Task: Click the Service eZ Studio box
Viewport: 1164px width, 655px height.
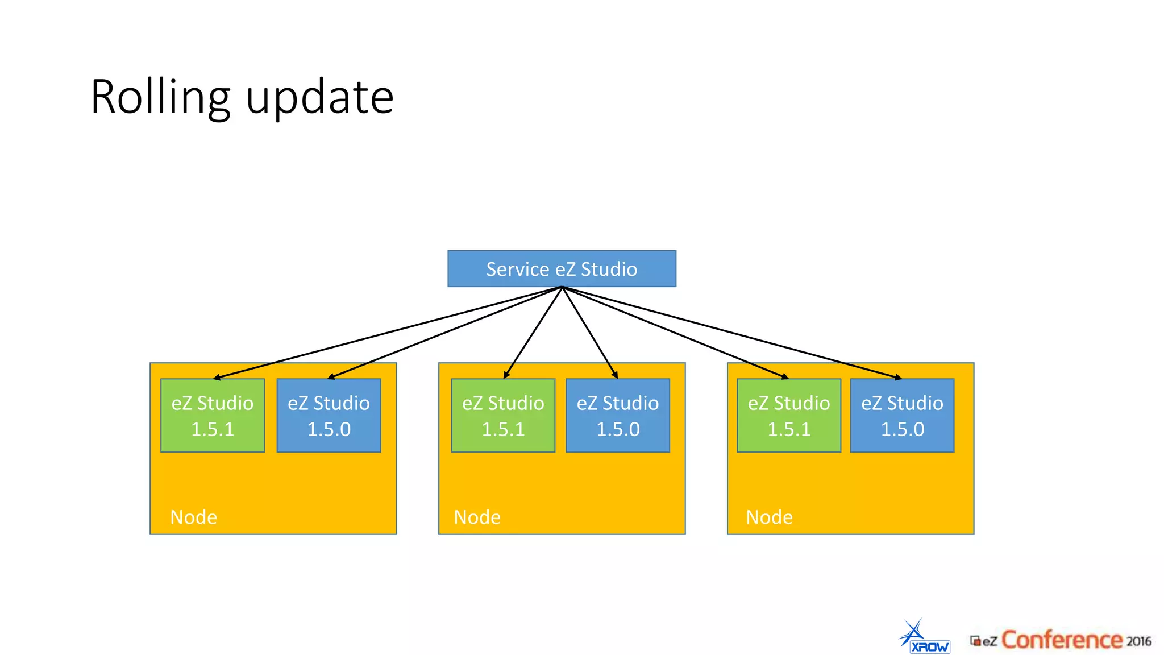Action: pyautogui.click(x=562, y=268)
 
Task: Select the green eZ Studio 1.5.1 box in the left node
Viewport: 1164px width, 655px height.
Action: pyautogui.click(x=213, y=416)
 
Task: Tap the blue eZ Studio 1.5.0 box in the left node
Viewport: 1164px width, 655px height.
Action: pyautogui.click(x=329, y=416)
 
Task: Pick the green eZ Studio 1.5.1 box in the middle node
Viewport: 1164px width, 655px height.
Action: pyautogui.click(x=503, y=416)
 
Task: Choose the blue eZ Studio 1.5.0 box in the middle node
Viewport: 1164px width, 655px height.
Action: pyautogui.click(x=618, y=416)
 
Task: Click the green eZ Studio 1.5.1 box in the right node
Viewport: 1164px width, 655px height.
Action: pyautogui.click(x=789, y=416)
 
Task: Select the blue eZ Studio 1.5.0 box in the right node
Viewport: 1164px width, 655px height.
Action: pyautogui.click(x=902, y=416)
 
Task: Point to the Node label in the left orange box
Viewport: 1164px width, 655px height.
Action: pyautogui.click(x=194, y=517)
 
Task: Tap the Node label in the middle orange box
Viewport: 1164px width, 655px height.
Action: pyautogui.click(x=477, y=517)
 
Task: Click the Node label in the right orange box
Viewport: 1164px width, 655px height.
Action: pyautogui.click(x=769, y=517)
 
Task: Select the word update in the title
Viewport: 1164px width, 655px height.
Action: pyautogui.click(x=320, y=97)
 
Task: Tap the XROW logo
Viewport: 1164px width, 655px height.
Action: pyautogui.click(x=925, y=638)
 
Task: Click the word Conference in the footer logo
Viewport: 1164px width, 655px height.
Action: pyautogui.click(x=1061, y=640)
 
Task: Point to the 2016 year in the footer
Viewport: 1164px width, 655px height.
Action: pyautogui.click(x=1138, y=641)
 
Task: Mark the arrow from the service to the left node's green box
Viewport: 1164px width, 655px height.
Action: pyautogui.click(x=386, y=333)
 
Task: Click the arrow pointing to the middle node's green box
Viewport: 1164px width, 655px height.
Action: pyautogui.click(x=533, y=333)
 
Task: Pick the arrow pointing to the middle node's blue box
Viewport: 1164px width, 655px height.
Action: pyautogui.click(x=590, y=333)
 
